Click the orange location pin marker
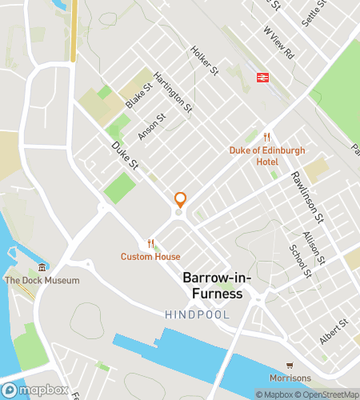(x=180, y=200)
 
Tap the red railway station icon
(x=261, y=77)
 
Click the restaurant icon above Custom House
(x=150, y=243)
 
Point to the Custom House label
(x=150, y=257)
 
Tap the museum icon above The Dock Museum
(x=42, y=267)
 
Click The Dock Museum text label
(x=42, y=281)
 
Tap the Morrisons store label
(x=290, y=378)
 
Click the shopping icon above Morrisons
(x=290, y=364)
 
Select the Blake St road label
(x=138, y=96)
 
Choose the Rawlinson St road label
(x=306, y=197)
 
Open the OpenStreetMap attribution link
(x=328, y=394)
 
